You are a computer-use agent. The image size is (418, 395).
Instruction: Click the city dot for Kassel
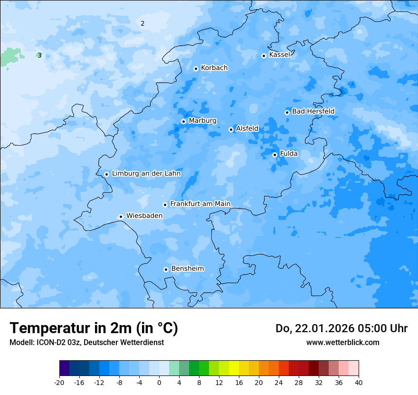pyautogui.click(x=264, y=56)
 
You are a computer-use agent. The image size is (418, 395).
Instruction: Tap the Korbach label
pyautogui.click(x=214, y=68)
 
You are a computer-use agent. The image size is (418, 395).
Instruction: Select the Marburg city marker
pyautogui.click(x=183, y=121)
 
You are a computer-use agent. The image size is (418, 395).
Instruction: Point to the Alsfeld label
pyautogui.click(x=247, y=128)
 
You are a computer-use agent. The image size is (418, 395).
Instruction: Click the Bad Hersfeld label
pyautogui.click(x=313, y=111)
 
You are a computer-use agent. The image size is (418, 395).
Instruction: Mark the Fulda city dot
pyautogui.click(x=275, y=155)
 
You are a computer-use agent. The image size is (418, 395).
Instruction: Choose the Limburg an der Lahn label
pyautogui.click(x=146, y=174)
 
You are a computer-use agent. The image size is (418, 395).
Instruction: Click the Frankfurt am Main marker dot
pyautogui.click(x=165, y=205)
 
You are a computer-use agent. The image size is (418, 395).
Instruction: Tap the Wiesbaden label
pyautogui.click(x=144, y=216)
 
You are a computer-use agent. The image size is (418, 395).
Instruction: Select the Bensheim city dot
pyautogui.click(x=166, y=269)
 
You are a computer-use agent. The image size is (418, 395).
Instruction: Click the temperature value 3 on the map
pyautogui.click(x=39, y=55)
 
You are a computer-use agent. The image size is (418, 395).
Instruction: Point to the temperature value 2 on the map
pyautogui.click(x=142, y=23)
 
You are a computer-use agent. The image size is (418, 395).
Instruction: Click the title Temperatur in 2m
pyautogui.click(x=94, y=328)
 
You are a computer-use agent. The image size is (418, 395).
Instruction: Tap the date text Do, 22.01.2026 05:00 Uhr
pyautogui.click(x=341, y=328)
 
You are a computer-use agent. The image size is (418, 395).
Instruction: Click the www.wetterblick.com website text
pyautogui.click(x=342, y=343)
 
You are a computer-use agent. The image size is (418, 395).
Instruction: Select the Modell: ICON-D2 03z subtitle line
pyautogui.click(x=86, y=343)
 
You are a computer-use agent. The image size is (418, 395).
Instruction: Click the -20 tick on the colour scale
pyautogui.click(x=59, y=383)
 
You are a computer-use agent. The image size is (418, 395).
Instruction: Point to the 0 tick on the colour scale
pyautogui.click(x=159, y=383)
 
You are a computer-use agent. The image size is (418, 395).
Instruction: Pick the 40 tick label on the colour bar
pyautogui.click(x=358, y=383)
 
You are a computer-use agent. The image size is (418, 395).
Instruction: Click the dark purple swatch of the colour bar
pyautogui.click(x=64, y=369)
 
